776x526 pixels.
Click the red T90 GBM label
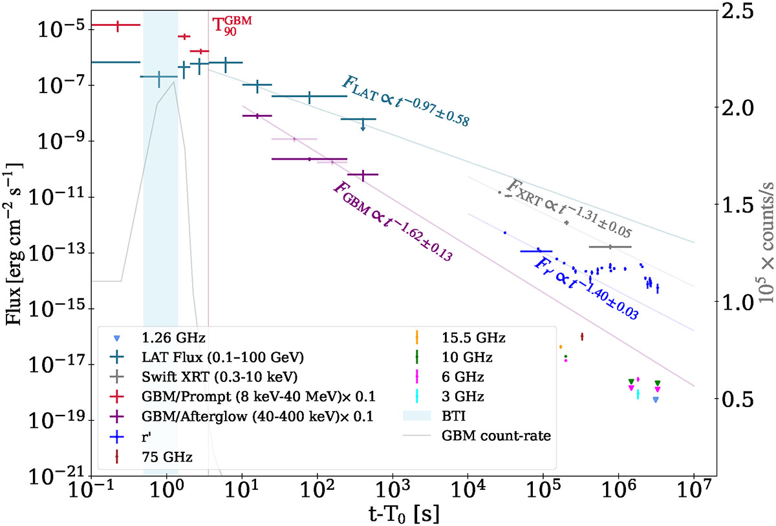click(x=232, y=29)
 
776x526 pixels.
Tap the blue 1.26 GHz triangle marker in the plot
click(x=656, y=400)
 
